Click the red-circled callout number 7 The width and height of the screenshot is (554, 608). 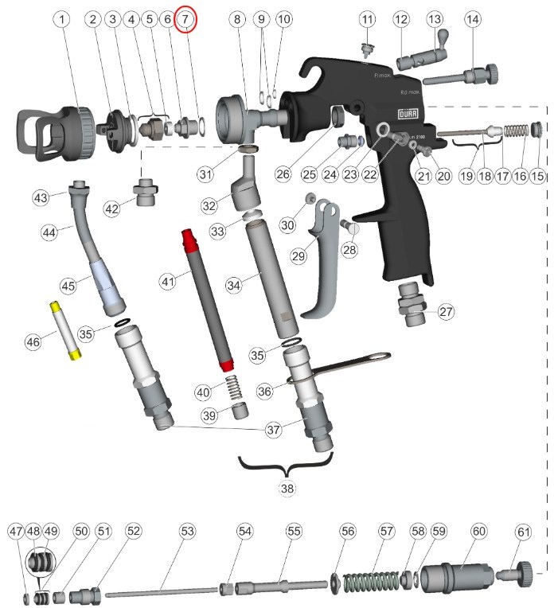coord(185,18)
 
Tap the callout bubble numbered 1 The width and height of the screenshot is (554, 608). coord(62,18)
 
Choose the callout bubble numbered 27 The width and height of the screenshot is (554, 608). coord(446,311)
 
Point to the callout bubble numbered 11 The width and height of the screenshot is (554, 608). coord(366,18)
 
